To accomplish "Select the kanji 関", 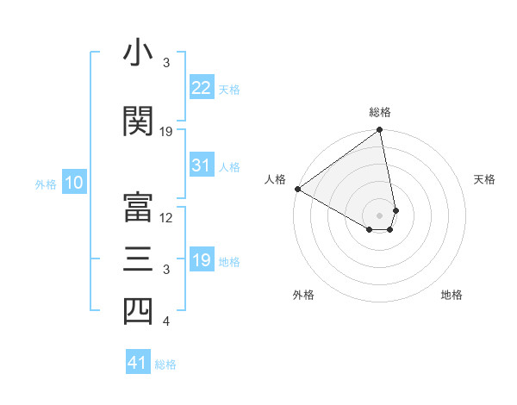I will coord(138,121).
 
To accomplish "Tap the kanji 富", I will coord(138,206).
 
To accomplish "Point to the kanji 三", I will coord(138,259).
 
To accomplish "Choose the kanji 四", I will coord(138,311).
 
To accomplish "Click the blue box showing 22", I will coord(202,88).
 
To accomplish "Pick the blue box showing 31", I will coord(202,165).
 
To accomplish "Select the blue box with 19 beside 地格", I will coord(202,260).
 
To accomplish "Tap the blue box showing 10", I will coord(73,183).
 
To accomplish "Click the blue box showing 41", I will coord(138,363).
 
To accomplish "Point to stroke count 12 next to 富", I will coord(167,217).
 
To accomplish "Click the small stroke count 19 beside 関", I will coord(167,131).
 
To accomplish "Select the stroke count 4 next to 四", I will coord(166,322).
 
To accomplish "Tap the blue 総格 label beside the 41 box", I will coord(165,364).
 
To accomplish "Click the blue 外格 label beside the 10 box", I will coord(46,184).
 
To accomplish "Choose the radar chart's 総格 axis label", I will coord(380,112).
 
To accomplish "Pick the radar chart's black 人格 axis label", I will coord(276,179).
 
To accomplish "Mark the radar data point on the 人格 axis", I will coord(297,189).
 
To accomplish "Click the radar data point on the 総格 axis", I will coord(380,131).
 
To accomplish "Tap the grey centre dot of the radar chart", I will coord(379,214).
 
